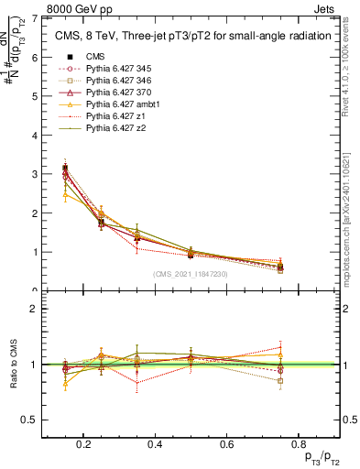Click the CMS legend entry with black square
[95, 56]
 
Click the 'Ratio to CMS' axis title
[12, 364]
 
